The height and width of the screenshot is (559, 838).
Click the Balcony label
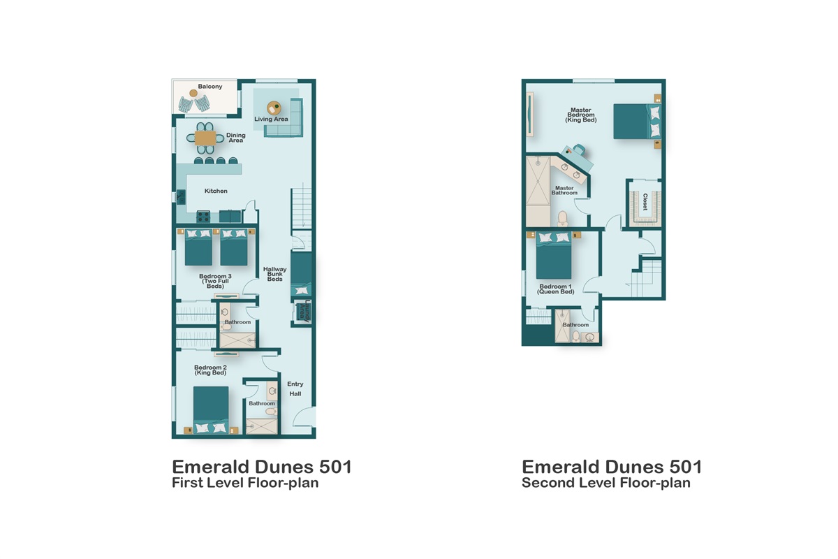[209, 87]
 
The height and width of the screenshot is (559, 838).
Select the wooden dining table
[205, 138]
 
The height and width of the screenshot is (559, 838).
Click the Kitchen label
[216, 191]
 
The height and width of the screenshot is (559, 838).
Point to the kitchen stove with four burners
[204, 217]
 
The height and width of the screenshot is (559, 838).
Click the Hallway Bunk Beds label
[274, 274]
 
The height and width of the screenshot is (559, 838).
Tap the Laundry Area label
[303, 311]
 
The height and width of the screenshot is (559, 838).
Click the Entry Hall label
[295, 389]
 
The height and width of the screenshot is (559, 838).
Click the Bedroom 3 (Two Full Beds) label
[215, 281]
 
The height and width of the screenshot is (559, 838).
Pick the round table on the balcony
[193, 93]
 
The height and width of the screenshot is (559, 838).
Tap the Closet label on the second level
[645, 202]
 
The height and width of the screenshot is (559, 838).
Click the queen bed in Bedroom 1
[554, 256]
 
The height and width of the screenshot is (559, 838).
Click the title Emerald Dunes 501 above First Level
[262, 467]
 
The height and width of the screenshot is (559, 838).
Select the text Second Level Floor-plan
[606, 483]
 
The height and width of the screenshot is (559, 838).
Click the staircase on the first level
[301, 208]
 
